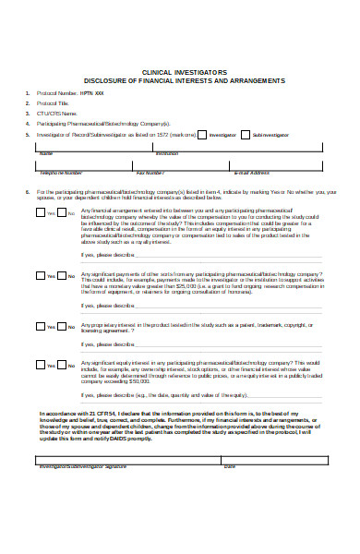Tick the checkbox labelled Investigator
coord(202,135)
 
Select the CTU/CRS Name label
coord(57,114)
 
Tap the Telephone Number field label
coord(60,173)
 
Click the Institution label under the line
coord(167,153)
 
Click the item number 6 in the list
coord(28,192)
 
